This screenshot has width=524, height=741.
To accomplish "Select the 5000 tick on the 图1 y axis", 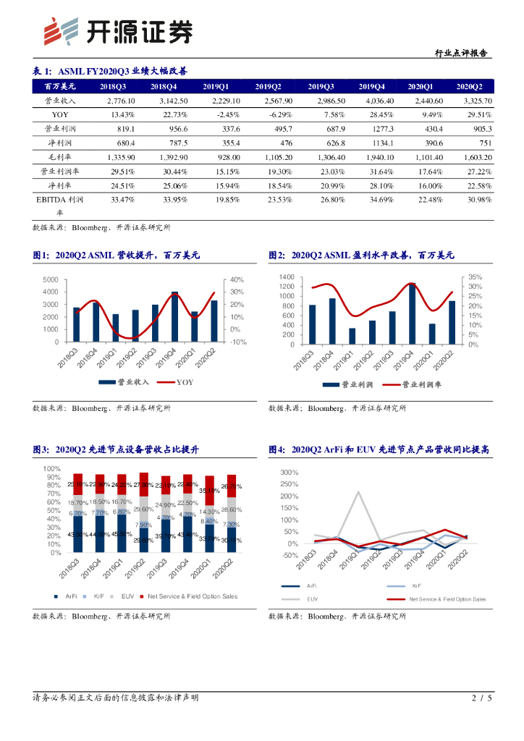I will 51,280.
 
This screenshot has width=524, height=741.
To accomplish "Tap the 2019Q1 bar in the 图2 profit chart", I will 352,336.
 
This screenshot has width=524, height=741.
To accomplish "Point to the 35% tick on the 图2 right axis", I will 475,277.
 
